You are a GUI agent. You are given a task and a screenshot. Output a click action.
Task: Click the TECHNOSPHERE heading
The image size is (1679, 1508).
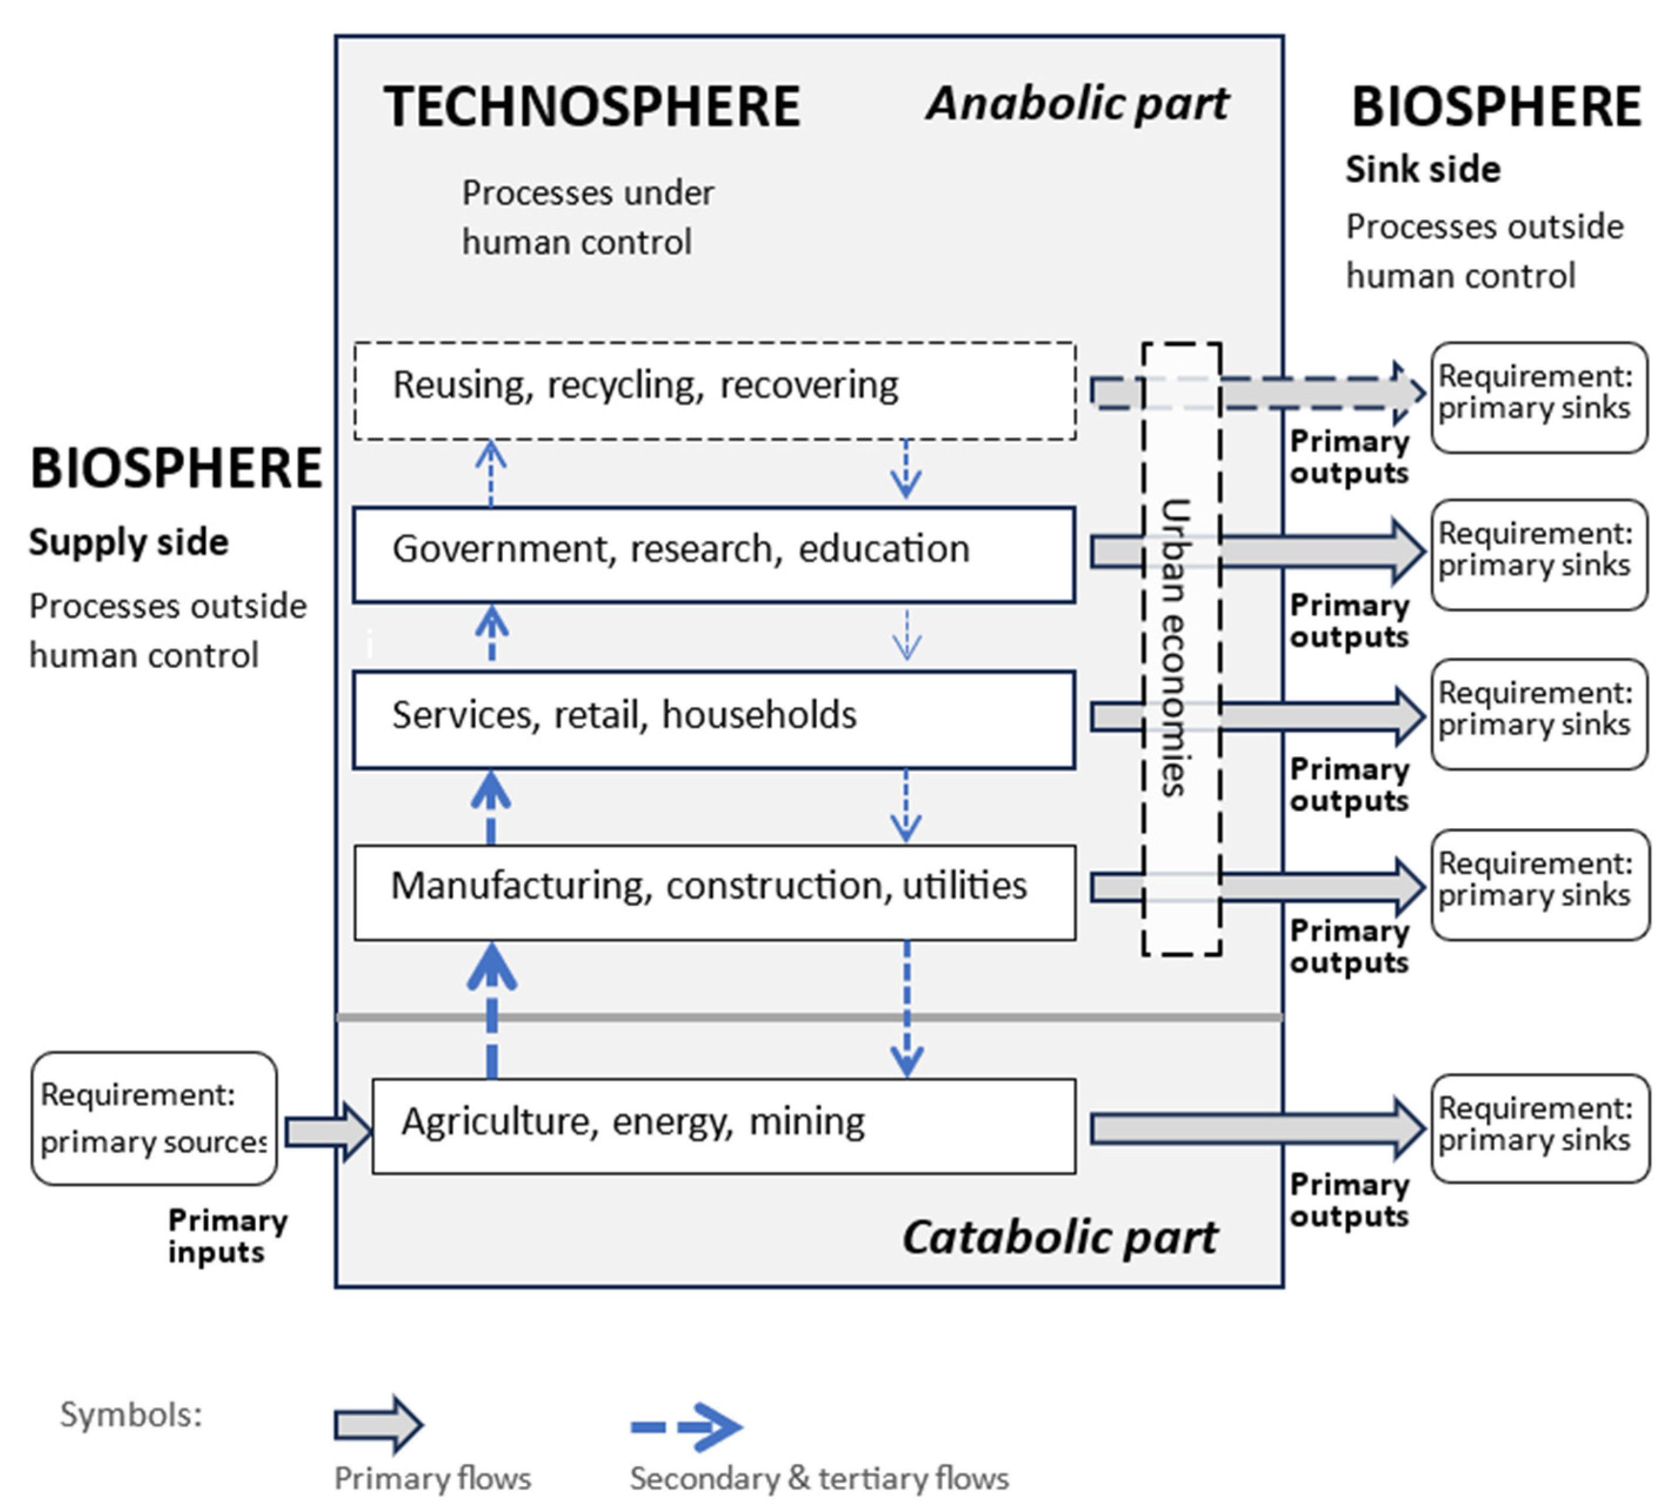[592, 107]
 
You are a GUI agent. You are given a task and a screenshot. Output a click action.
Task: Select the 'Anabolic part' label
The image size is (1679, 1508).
[1076, 105]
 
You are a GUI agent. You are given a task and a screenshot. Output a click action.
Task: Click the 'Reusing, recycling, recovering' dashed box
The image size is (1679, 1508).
[714, 391]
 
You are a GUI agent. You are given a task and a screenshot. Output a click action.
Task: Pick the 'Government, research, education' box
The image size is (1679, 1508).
[714, 553]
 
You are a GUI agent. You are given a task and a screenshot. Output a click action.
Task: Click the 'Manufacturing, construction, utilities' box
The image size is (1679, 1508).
[714, 892]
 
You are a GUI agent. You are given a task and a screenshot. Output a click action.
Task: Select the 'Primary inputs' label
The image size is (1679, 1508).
[226, 1236]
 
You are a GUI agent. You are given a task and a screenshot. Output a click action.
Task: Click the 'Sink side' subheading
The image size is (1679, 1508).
[1421, 169]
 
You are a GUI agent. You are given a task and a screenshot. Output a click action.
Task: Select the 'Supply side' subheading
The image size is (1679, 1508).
[128, 542]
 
